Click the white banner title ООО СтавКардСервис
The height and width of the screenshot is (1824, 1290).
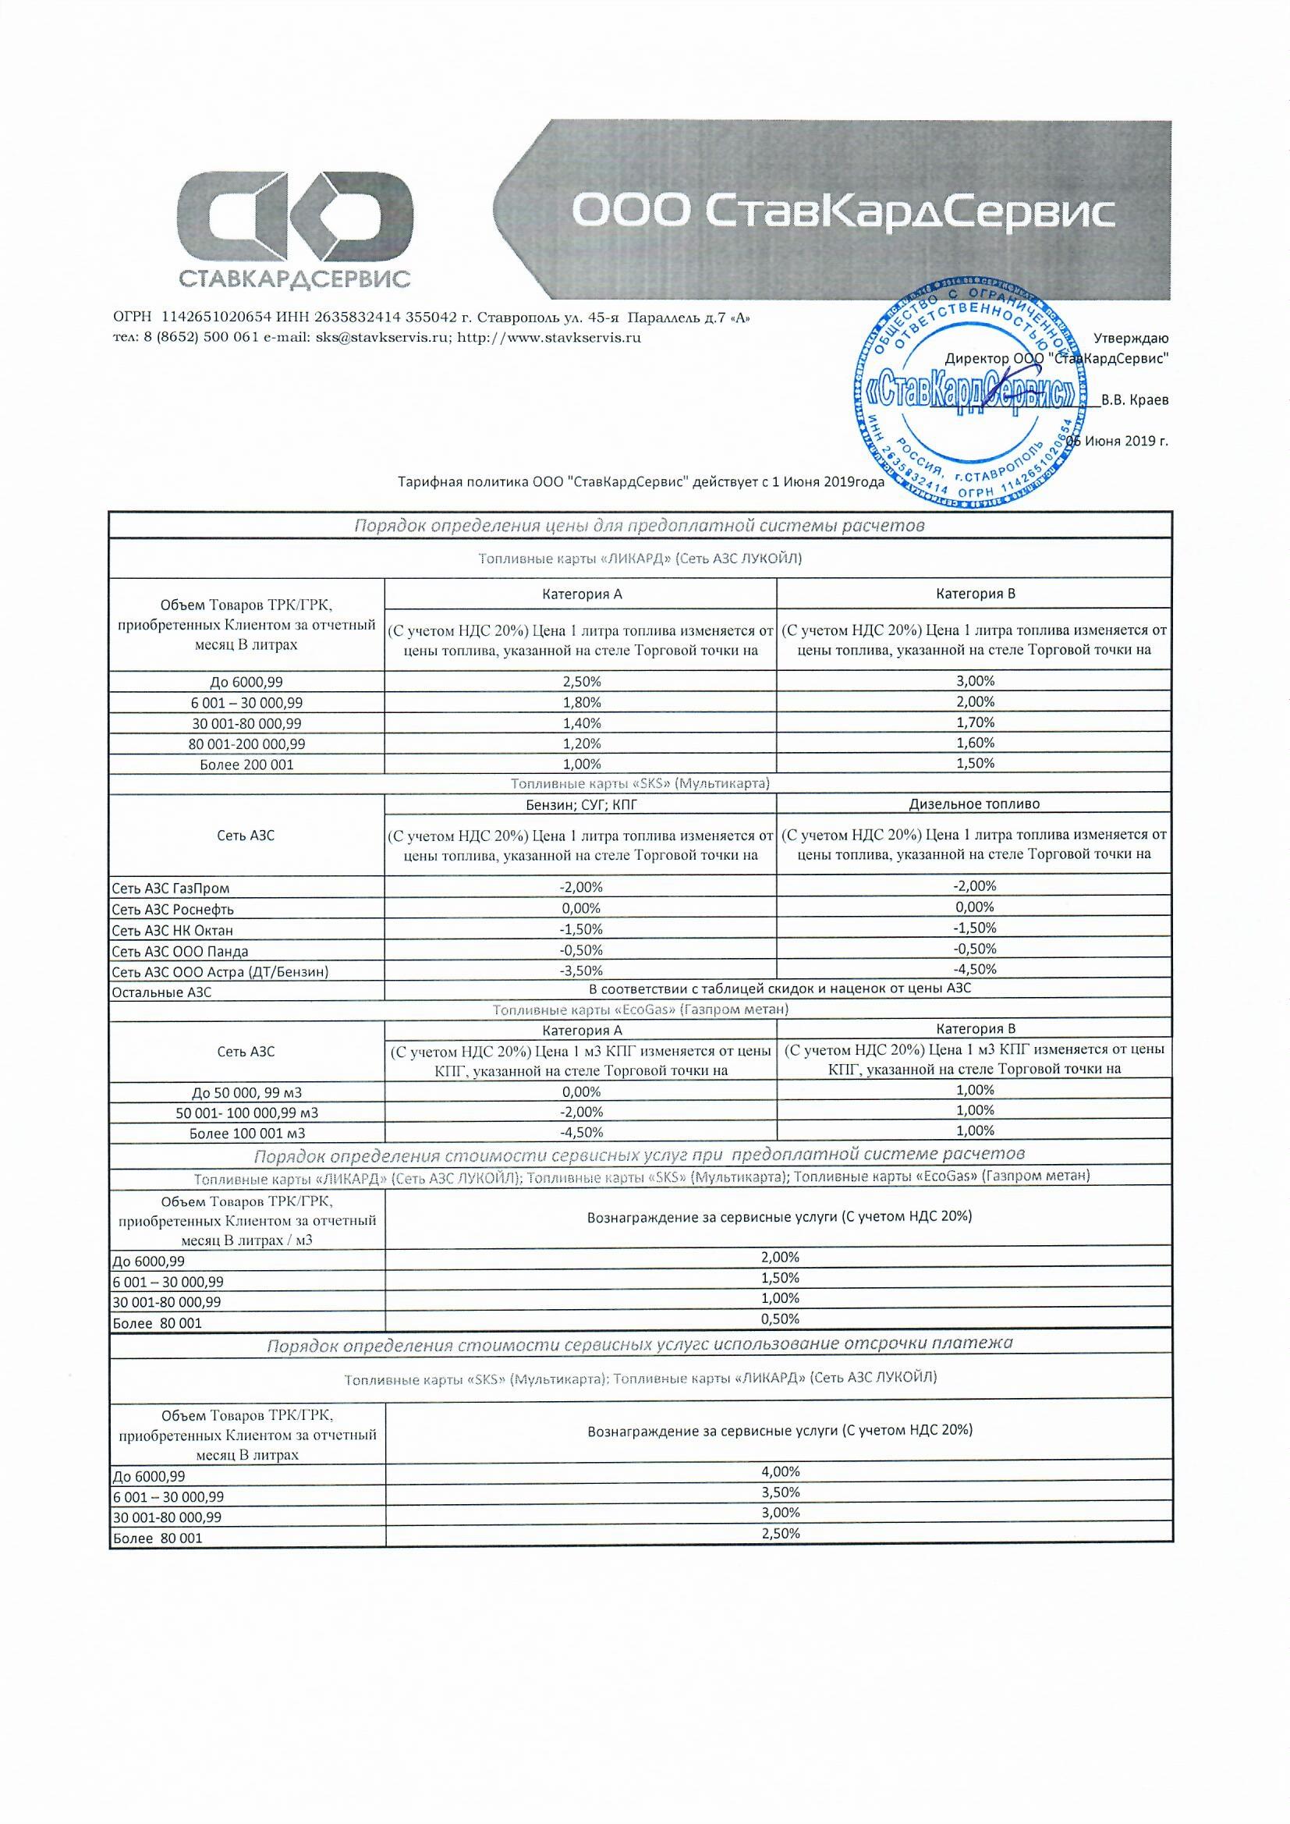click(843, 211)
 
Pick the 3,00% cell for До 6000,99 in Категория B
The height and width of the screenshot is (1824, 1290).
click(975, 681)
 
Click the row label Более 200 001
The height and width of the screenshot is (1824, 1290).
click(247, 765)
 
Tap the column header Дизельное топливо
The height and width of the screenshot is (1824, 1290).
click(974, 803)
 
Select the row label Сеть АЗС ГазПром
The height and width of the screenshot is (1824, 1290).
click(171, 888)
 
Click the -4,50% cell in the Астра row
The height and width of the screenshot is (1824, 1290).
click(975, 969)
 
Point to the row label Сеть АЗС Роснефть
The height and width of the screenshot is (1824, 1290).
click(173, 909)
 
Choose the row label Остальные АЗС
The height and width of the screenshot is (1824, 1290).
click(162, 992)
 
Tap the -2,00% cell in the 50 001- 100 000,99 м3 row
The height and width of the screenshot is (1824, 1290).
click(582, 1112)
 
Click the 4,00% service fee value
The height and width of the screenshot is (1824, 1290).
click(779, 1471)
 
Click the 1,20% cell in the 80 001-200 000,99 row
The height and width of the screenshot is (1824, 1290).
click(582, 743)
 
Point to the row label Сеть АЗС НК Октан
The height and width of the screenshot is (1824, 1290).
click(172, 930)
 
